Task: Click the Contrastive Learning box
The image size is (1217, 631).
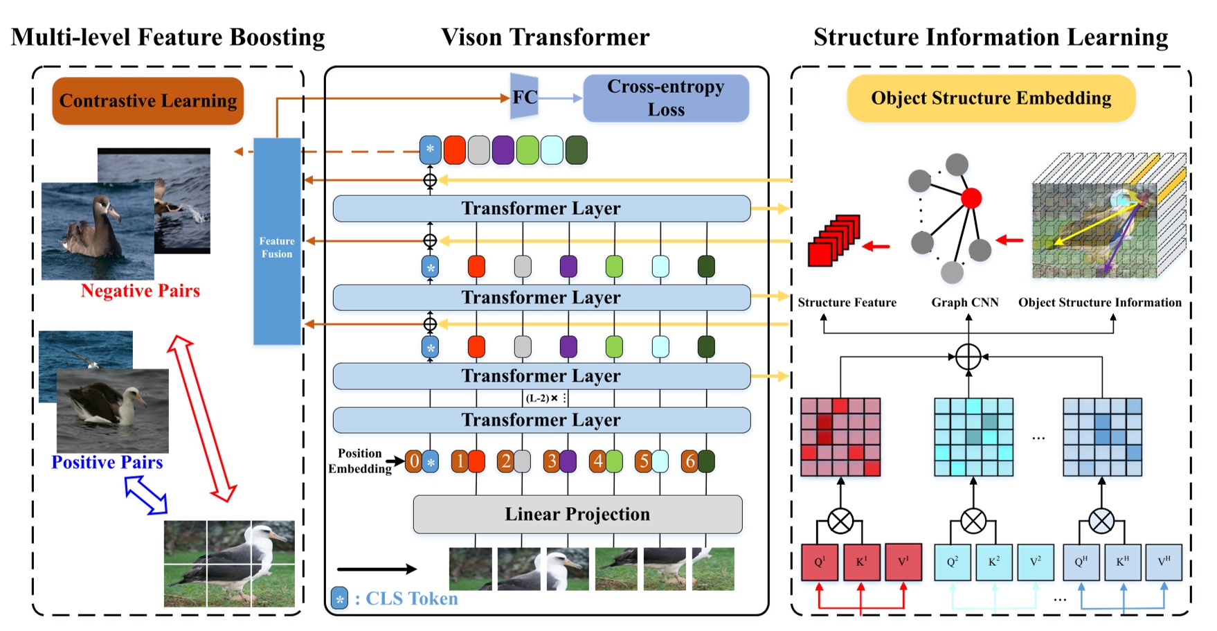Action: tap(148, 101)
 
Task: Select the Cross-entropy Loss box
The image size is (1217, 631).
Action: tap(666, 98)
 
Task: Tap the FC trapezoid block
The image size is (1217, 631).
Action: tap(524, 98)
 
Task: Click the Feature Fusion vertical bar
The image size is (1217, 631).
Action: tap(277, 241)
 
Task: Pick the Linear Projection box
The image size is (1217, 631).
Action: tap(577, 514)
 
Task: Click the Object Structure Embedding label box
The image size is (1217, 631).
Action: tap(991, 98)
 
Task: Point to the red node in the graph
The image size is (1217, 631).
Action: tap(971, 198)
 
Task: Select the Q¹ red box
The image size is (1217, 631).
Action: tap(820, 562)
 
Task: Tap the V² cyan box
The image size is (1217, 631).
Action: tap(1036, 562)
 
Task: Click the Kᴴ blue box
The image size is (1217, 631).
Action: tap(1123, 562)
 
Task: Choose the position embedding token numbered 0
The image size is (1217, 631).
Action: tap(413, 461)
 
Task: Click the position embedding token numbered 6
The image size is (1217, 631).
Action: tap(689, 461)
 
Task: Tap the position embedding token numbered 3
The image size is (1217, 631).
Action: tap(552, 461)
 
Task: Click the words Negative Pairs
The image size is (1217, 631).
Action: tap(141, 291)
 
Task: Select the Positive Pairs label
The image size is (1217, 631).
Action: tap(107, 463)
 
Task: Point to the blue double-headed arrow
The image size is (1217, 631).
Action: tap(145, 495)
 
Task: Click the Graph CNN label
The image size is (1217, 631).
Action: tap(965, 303)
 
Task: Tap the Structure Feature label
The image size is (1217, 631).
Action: tap(847, 303)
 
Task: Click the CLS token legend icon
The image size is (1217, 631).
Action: tap(340, 598)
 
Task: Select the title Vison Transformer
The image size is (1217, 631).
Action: tap(546, 37)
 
